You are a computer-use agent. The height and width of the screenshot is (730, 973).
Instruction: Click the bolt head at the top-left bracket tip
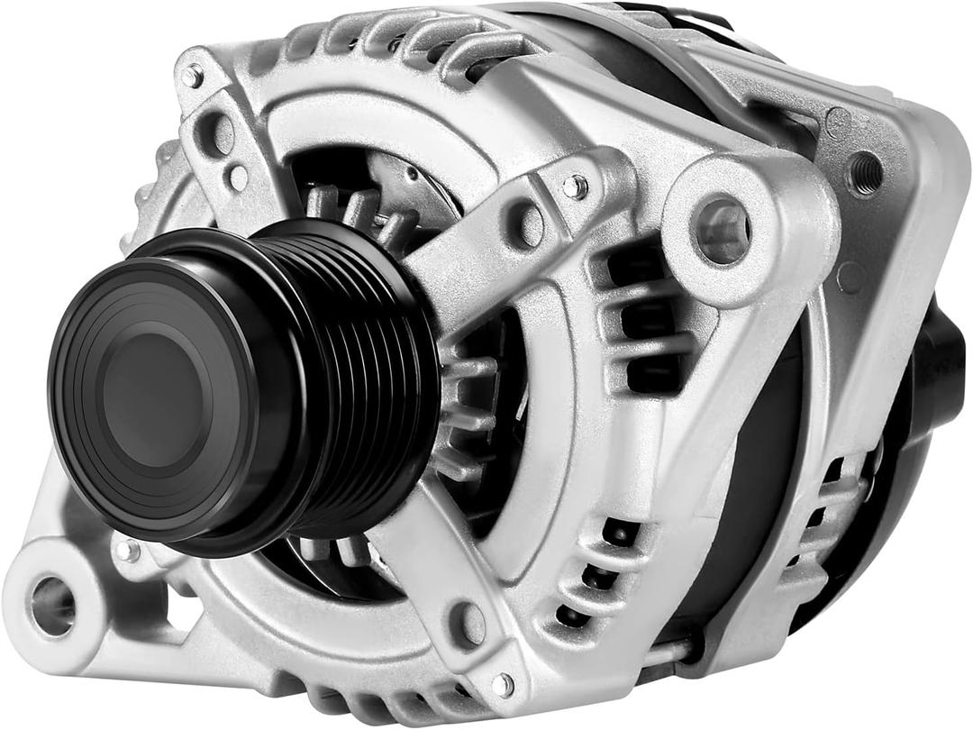tap(192, 76)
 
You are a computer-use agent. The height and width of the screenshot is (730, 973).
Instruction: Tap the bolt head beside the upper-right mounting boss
tap(574, 187)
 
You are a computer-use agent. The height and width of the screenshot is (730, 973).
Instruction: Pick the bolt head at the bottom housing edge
tap(502, 684)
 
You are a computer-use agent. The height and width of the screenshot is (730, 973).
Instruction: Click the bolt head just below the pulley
tap(127, 549)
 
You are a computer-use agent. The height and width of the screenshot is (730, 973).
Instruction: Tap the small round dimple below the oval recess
tap(238, 178)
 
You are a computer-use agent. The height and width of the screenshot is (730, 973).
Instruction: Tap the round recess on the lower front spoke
tap(468, 623)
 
